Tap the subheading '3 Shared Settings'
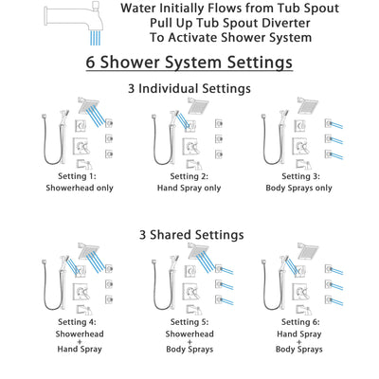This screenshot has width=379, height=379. (x=189, y=233)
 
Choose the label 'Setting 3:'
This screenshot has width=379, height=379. (x=300, y=176)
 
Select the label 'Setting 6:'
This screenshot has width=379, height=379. (x=300, y=321)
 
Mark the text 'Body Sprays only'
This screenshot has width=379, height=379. (x=300, y=189)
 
